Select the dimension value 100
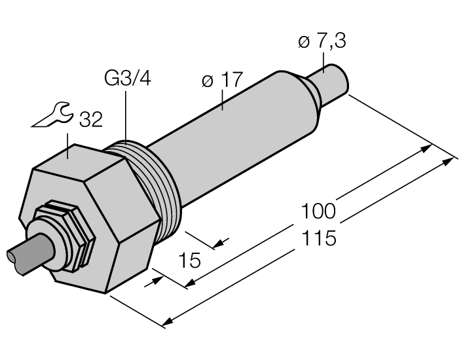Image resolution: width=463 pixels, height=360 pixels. point(318,211)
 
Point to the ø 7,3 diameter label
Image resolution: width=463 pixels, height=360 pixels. point(322,43)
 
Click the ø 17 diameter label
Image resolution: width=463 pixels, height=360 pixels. point(223,81)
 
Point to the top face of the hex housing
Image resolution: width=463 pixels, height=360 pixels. point(79,160)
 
